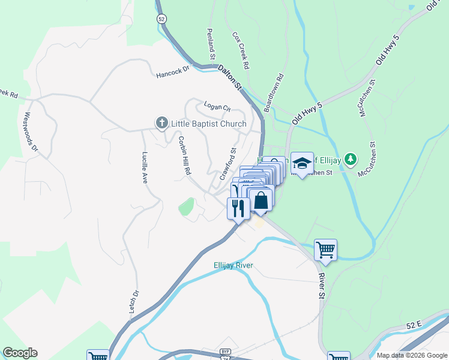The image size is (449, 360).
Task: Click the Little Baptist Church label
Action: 208,124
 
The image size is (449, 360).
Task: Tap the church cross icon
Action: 161,124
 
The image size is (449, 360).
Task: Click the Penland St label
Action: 211,43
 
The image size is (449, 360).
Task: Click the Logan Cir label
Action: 217,107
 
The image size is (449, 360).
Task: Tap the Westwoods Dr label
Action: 31,131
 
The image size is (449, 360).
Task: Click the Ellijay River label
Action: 234,265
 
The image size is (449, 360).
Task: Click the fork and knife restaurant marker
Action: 238,208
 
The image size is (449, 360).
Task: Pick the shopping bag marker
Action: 261,200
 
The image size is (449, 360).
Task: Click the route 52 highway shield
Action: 161,19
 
